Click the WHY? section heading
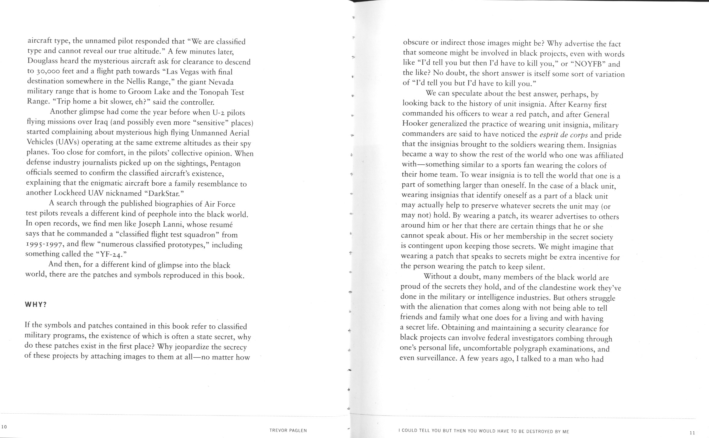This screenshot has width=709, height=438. pos(36,305)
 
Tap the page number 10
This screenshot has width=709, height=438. pos(4,427)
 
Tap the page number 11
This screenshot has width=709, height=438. pos(692,433)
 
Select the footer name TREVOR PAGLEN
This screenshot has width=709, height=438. pos(288,430)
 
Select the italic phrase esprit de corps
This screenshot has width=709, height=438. pos(564,135)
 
